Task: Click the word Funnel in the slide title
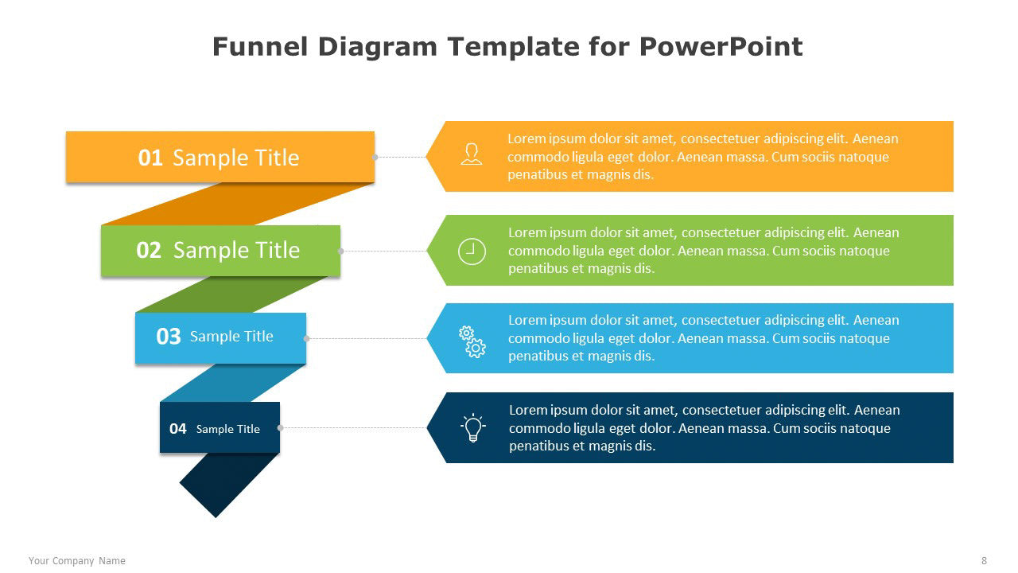coord(260,47)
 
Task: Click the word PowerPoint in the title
coord(721,47)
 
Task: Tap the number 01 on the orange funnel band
coord(150,158)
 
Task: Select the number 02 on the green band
coord(149,250)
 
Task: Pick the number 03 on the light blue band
coord(168,337)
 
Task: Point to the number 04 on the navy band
coord(177,428)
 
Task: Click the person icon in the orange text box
coord(472,154)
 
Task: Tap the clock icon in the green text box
coord(472,251)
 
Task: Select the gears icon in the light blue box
coord(472,341)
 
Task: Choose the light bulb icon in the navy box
coord(472,427)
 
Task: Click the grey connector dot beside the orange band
coord(375,157)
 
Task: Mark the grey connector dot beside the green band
coord(341,251)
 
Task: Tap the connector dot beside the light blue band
coord(307,338)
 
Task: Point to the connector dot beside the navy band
coord(281,427)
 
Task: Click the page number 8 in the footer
coord(984,561)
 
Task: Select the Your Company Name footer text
coord(77,561)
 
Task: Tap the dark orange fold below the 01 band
coord(236,204)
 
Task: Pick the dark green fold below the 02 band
coord(231,294)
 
